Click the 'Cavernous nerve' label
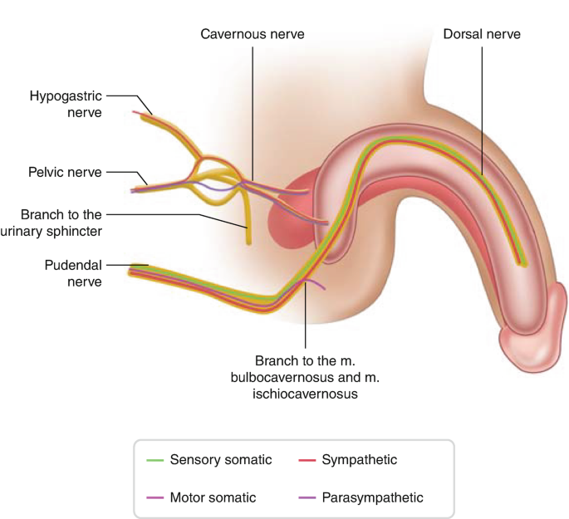(253, 34)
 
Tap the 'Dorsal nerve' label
(481, 34)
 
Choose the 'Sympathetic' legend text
(359, 459)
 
